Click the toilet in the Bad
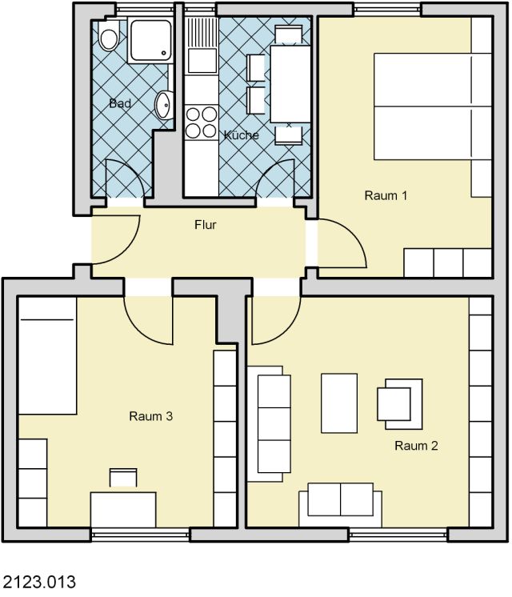coord(109,36)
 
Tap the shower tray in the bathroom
coord(150,40)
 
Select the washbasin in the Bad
coord(165,105)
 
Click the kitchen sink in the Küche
coord(201,46)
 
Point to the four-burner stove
coord(201,122)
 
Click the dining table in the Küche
coord(290,84)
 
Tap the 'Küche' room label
coord(242,134)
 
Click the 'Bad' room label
coord(120,103)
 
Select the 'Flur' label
coord(205,225)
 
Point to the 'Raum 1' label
coord(386,196)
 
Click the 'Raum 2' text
coord(416,446)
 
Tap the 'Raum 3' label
coord(150,416)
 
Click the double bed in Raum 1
coord(433,106)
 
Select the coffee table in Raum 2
coord(339,403)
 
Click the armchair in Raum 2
coord(400,404)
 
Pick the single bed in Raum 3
coord(47,356)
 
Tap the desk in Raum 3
coord(123,510)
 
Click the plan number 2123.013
coord(39,582)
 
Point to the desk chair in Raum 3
coord(123,478)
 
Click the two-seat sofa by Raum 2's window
coord(340,504)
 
